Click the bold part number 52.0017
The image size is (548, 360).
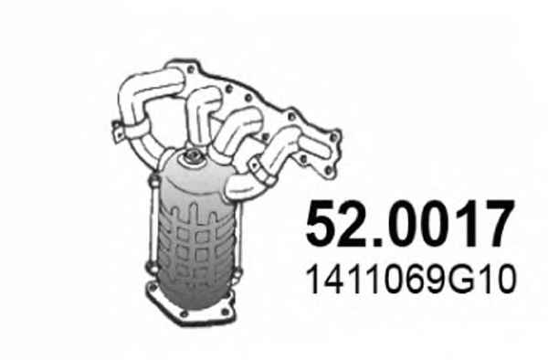coord(410,223)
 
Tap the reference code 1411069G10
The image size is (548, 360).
coord(411,280)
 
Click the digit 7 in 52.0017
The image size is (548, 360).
coord(498,223)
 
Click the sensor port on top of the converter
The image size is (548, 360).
coord(191,156)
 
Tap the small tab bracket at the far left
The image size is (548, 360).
coord(118,132)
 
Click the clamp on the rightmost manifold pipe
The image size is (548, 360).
coord(261,171)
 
